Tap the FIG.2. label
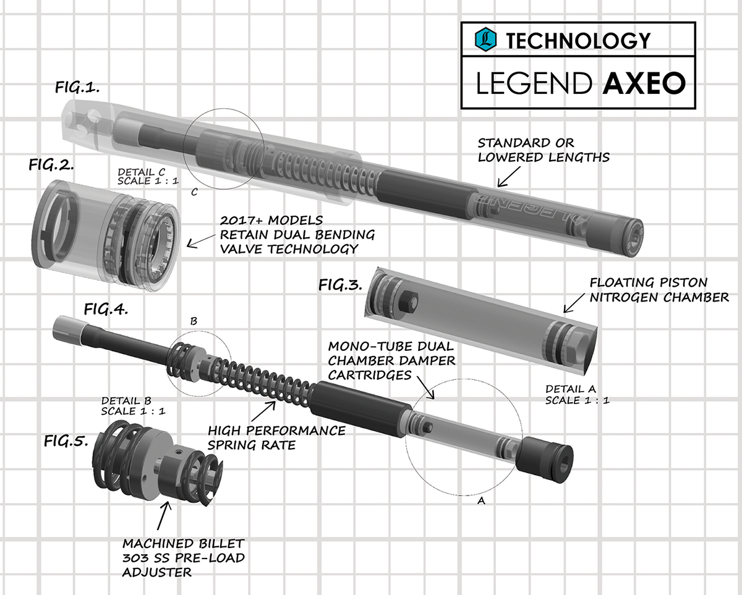pyautogui.click(x=52, y=165)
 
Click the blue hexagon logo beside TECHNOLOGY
pyautogui.click(x=486, y=40)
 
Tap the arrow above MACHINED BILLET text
pyautogui.click(x=164, y=513)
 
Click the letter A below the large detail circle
pyautogui.click(x=481, y=502)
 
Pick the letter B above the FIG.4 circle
pyautogui.click(x=194, y=322)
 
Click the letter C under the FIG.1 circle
pyautogui.click(x=194, y=192)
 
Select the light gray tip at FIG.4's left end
pyautogui.click(x=66, y=328)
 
